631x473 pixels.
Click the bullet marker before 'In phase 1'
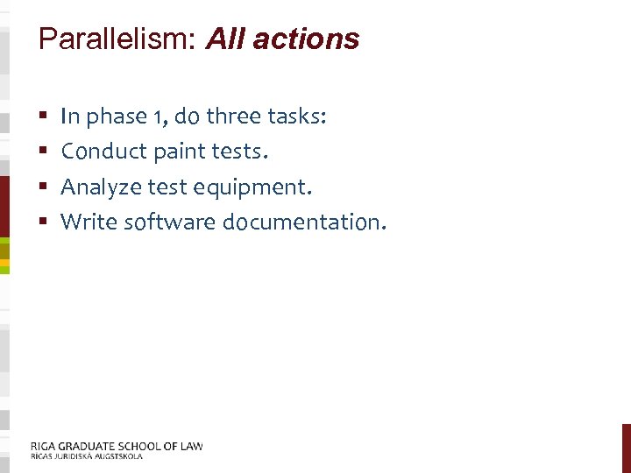[x=43, y=116]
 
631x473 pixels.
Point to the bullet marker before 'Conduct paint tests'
[x=43, y=152]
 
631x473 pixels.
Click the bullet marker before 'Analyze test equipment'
[x=43, y=187]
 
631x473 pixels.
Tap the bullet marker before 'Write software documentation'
[x=43, y=222]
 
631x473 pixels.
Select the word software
[x=170, y=222]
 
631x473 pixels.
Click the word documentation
[x=302, y=222]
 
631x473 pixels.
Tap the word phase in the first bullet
[x=112, y=117]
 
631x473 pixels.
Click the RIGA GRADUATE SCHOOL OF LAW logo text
[x=117, y=446]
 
